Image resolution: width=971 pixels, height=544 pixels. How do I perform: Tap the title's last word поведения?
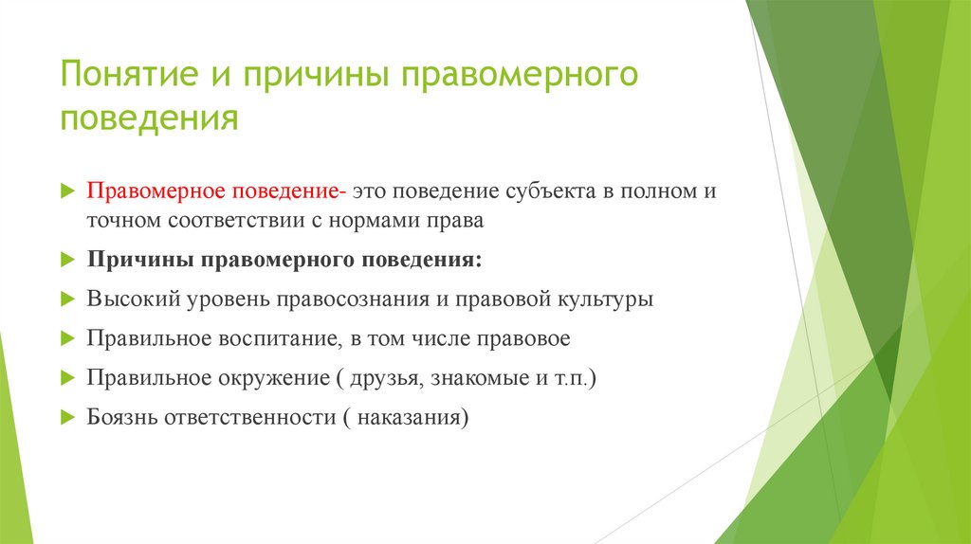coord(148,120)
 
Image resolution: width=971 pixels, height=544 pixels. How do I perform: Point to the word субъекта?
coord(538,191)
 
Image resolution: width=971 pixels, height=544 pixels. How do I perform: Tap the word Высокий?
coord(131,299)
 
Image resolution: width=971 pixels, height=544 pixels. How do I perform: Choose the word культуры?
coord(604,299)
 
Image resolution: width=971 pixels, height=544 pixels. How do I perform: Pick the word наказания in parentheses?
coord(412,416)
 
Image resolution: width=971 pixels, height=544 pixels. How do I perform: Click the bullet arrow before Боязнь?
coord(66,416)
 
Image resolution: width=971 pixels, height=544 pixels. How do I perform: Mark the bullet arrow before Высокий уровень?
coord(66,299)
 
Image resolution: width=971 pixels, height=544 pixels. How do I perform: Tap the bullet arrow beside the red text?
coord(66,191)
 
